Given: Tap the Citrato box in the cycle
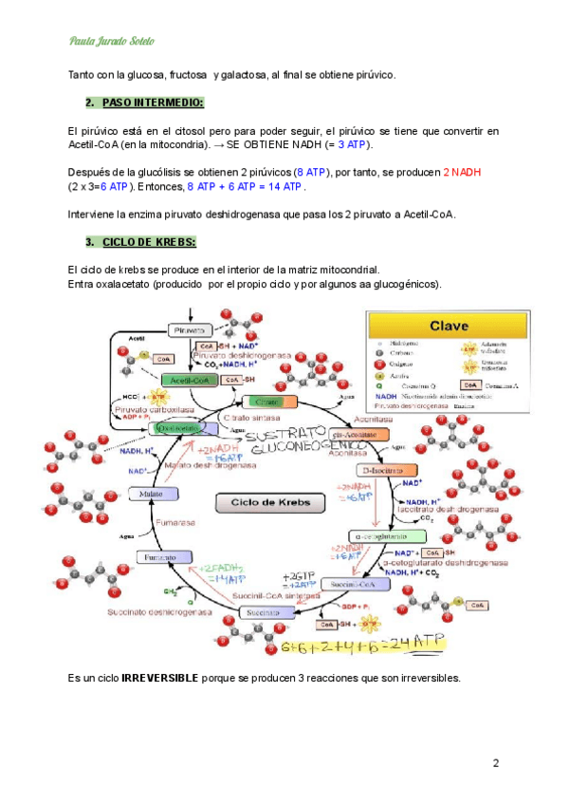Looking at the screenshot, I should click(x=264, y=402).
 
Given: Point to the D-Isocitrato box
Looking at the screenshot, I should click(x=387, y=470).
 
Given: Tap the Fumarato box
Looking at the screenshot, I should click(x=157, y=558).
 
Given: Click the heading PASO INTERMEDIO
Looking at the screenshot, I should click(x=153, y=102).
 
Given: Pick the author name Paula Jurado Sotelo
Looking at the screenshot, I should click(x=112, y=41).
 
